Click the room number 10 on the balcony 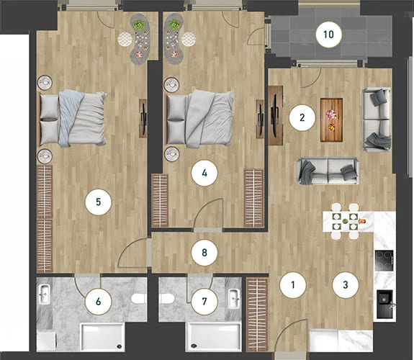[x=329, y=35]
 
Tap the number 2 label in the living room [x=302, y=118]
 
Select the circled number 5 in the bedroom [x=98, y=202]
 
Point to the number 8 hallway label [x=204, y=253]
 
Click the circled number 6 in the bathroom [x=98, y=302]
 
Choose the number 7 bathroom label [x=204, y=302]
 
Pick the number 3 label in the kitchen [x=346, y=285]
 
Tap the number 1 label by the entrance [x=293, y=285]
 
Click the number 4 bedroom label [x=204, y=174]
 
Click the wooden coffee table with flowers [x=332, y=120]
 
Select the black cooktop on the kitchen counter [x=384, y=261]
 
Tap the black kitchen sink [x=384, y=304]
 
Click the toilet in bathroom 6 [x=139, y=299]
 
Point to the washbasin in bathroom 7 [x=234, y=299]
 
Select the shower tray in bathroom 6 [x=102, y=337]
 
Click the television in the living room [x=275, y=115]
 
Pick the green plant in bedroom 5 [x=139, y=25]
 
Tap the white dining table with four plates [x=348, y=221]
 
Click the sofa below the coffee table [x=328, y=171]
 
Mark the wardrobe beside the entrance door [x=256, y=315]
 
